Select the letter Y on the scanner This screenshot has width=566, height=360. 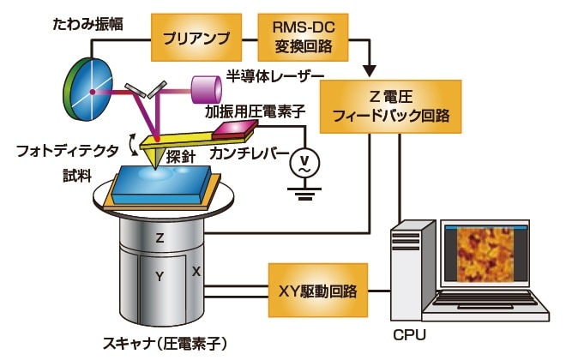(x=160, y=276)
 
